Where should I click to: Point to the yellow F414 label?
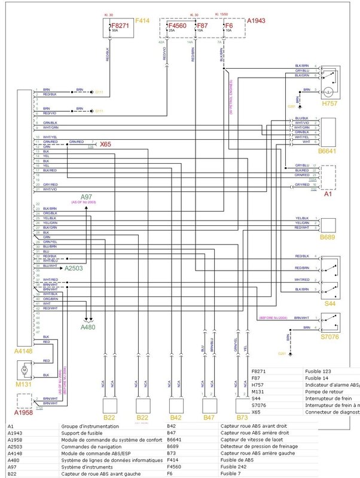pos(142,21)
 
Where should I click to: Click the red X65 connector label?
pos(105,144)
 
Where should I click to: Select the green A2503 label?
pos(76,268)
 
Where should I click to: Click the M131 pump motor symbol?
pos(25,370)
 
